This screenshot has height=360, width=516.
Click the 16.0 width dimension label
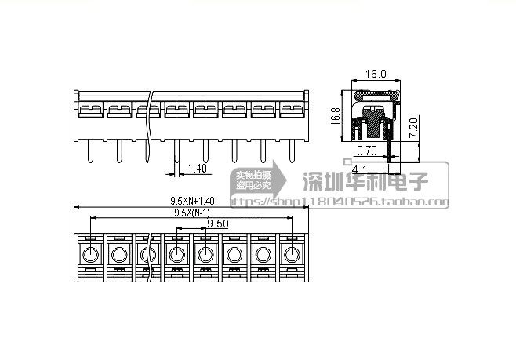click(x=376, y=74)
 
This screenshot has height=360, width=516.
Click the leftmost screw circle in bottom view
click(x=90, y=254)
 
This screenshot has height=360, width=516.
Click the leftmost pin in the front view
click(x=90, y=149)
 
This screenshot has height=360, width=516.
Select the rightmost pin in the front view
click(x=292, y=149)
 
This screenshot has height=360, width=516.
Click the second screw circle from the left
click(x=119, y=254)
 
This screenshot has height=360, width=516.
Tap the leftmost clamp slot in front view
click(x=89, y=110)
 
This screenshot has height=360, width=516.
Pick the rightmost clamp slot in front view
click(x=292, y=110)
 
